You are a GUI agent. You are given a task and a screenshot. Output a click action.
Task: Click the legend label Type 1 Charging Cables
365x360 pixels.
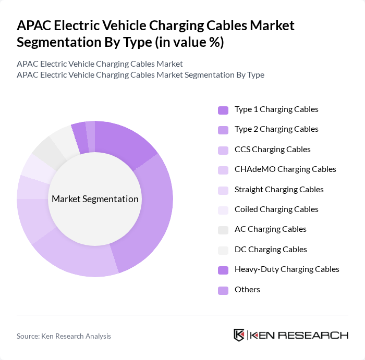pyautogui.click(x=276, y=109)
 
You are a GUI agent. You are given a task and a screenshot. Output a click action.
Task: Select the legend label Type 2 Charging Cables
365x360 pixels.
pyautogui.click(x=276, y=129)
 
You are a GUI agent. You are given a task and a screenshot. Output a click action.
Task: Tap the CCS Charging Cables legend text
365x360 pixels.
pyautogui.click(x=272, y=150)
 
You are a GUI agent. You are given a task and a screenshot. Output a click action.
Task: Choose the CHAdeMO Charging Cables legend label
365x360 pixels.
pyautogui.click(x=285, y=169)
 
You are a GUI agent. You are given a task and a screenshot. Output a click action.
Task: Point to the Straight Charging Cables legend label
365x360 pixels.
pyautogui.click(x=279, y=190)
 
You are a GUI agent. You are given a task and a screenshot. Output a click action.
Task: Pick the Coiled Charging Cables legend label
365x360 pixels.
pyautogui.click(x=276, y=209)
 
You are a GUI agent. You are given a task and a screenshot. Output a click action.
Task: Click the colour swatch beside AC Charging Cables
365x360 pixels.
pyautogui.click(x=223, y=230)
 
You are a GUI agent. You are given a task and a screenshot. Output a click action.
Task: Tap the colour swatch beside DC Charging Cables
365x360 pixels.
pyautogui.click(x=223, y=250)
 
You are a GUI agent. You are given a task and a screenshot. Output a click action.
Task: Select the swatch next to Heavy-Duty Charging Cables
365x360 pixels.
pyautogui.click(x=223, y=270)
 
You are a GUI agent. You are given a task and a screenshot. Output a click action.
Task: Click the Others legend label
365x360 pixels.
pyautogui.click(x=247, y=290)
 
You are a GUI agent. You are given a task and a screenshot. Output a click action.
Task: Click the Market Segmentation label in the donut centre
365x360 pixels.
pyautogui.click(x=95, y=199)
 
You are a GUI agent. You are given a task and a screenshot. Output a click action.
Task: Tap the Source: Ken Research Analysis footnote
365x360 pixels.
pyautogui.click(x=64, y=336)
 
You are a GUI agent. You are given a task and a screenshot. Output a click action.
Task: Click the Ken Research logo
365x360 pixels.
pyautogui.click(x=290, y=335)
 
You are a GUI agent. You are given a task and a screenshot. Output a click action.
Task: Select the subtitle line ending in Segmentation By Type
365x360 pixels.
pyautogui.click(x=140, y=75)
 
